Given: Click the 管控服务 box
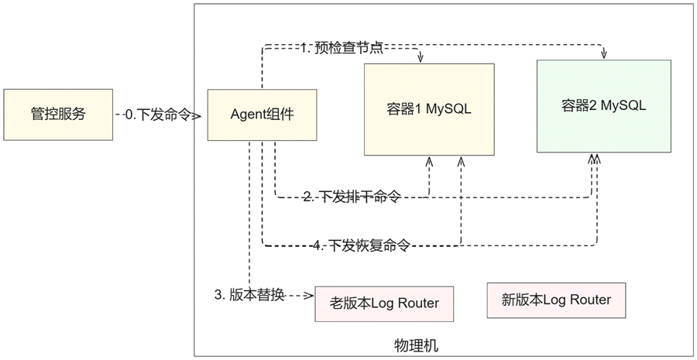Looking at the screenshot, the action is coord(58,115).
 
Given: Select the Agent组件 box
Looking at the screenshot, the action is coord(263,115).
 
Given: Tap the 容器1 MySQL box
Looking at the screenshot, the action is coord(429,109).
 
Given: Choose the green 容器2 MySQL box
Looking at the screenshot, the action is coord(603,106).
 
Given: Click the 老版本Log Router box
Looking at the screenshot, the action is coord(384,303).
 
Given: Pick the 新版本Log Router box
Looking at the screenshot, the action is coord(556,300).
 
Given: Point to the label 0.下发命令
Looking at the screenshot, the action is coord(158,115).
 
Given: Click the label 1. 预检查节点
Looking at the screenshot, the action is coord(342,47).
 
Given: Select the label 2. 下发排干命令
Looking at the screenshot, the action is coord(352,196).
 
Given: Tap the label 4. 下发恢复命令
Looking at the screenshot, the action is coord(361,245).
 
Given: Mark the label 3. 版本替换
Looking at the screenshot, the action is coord(249,295).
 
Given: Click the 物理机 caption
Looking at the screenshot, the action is coord(416,345).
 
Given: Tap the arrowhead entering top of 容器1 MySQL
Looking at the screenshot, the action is coord(421,59).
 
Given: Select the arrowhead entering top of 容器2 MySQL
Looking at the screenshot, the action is coord(603,55).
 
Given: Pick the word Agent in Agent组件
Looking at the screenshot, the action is coord(247,115).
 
